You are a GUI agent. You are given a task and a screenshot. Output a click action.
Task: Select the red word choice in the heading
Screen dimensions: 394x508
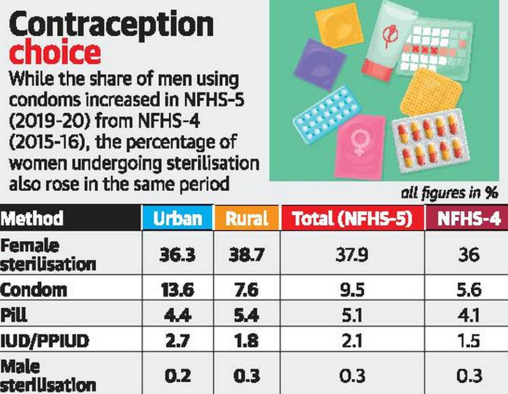[x=55, y=53]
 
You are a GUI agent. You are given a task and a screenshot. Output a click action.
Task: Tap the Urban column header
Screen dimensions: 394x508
[x=176, y=218]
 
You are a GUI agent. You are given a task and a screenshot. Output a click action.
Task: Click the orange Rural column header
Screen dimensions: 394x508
[x=246, y=218]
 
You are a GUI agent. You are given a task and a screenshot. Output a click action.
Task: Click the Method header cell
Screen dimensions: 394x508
[x=32, y=218]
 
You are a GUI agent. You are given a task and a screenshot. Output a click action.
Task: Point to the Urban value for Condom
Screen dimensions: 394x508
[x=176, y=290]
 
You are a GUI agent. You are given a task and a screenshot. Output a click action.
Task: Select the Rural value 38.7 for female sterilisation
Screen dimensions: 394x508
[x=246, y=255]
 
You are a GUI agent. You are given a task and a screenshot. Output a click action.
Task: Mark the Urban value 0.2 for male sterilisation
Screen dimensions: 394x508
[x=176, y=375]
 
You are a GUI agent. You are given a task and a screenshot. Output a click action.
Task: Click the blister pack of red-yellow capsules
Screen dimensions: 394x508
[x=432, y=140]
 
